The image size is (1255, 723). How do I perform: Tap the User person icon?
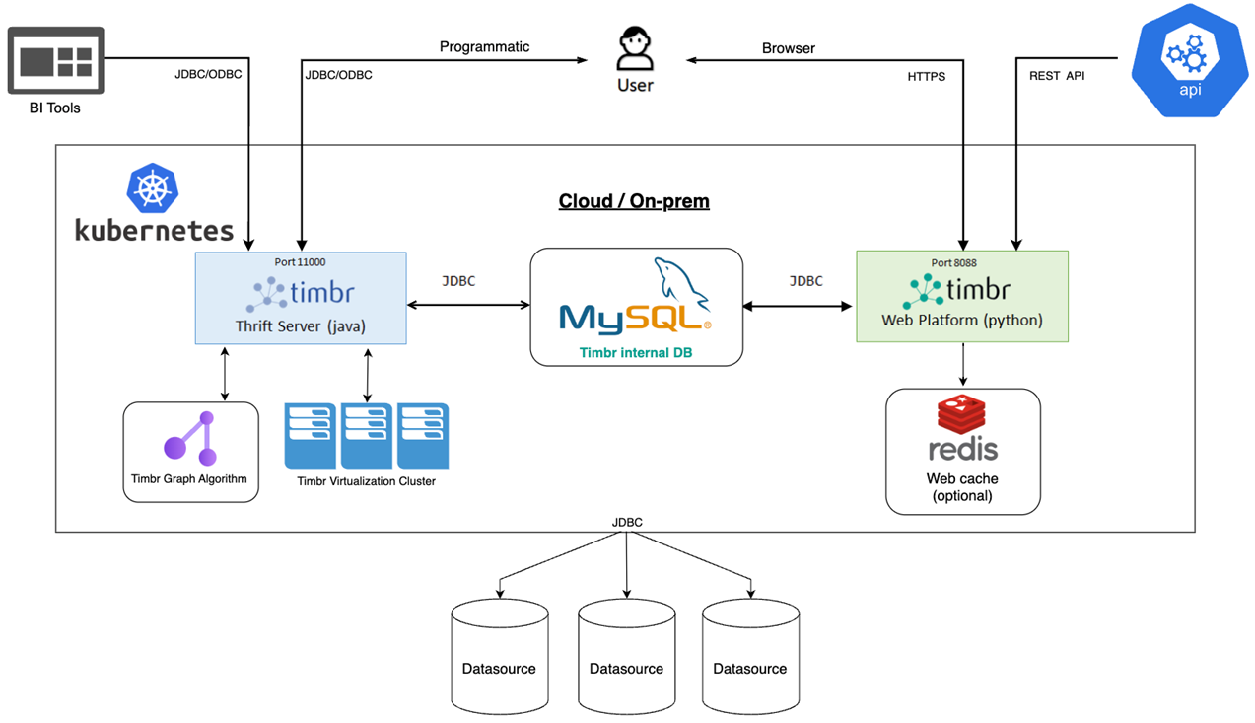(635, 49)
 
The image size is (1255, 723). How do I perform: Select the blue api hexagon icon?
(1190, 61)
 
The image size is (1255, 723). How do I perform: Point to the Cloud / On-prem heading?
(634, 201)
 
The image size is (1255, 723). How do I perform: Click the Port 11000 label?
(300, 263)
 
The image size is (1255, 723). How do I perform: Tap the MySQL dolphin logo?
(680, 281)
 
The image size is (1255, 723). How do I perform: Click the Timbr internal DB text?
(636, 351)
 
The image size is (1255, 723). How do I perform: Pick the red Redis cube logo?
(963, 416)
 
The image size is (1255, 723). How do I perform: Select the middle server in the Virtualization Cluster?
(367, 435)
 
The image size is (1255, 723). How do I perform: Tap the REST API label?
(1057, 76)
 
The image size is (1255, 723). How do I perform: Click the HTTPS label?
(927, 76)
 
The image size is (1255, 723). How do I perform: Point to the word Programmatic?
(484, 47)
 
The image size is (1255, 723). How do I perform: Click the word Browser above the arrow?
(788, 48)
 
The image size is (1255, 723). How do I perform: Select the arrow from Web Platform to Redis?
(963, 365)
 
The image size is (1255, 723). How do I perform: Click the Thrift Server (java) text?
(300, 325)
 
